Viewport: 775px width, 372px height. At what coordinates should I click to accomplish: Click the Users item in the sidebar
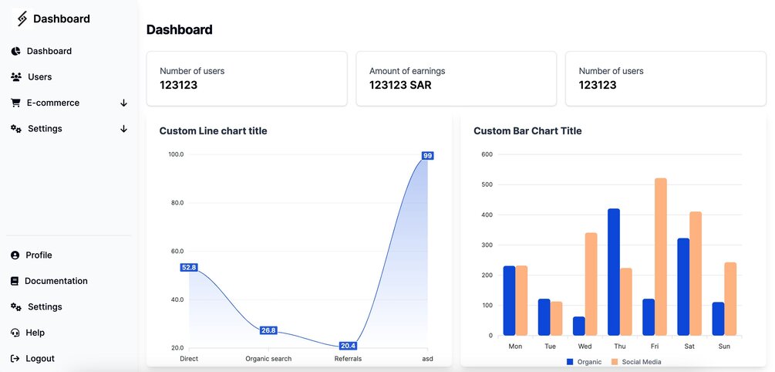(x=39, y=77)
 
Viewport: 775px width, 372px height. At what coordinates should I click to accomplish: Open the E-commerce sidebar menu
(x=52, y=103)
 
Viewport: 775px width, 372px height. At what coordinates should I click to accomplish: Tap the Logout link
(x=39, y=359)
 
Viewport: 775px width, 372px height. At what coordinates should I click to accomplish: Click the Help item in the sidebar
(x=35, y=333)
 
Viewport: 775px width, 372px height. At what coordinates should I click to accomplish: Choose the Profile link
(x=39, y=255)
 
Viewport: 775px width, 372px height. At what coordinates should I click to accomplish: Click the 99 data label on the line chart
(x=427, y=156)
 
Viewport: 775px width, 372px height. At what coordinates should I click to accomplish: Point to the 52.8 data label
(x=189, y=268)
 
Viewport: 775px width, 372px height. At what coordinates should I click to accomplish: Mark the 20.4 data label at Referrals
(x=348, y=346)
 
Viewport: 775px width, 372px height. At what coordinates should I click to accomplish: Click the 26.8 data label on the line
(x=268, y=330)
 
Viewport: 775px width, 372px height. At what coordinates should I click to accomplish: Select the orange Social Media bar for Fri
(x=660, y=257)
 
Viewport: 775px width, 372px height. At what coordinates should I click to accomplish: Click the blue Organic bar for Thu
(x=614, y=272)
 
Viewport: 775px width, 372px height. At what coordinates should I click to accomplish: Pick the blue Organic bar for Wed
(x=579, y=326)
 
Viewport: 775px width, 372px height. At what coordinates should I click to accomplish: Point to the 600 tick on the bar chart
(x=487, y=154)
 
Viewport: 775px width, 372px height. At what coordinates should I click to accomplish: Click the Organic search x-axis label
(x=268, y=359)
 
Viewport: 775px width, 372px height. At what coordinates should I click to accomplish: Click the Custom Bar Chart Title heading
(x=527, y=131)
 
